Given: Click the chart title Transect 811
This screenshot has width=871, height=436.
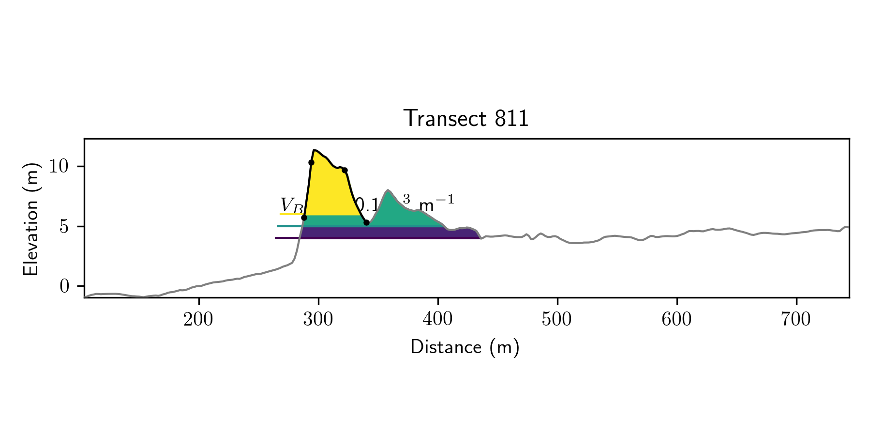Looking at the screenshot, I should [x=466, y=119].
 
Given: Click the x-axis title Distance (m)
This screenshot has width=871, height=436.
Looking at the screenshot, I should [x=465, y=347].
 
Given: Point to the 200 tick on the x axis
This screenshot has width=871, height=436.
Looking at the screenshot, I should [x=198, y=320].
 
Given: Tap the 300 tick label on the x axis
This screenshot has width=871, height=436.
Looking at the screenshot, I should [x=318, y=320].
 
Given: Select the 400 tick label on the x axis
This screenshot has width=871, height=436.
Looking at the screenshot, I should [x=437, y=320].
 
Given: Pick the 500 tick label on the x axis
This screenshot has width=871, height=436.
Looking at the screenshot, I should [x=557, y=320].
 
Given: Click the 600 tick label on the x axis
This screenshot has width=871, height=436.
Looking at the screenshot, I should [x=676, y=320].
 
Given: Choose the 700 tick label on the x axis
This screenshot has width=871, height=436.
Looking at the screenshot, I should [x=796, y=320].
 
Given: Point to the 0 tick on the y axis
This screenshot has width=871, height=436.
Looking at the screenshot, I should [x=65, y=286].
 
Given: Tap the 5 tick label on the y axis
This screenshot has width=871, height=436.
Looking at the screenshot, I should [x=65, y=227].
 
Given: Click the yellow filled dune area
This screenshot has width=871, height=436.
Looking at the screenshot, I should [x=329, y=189].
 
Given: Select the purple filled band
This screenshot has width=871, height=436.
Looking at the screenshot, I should [x=387, y=233].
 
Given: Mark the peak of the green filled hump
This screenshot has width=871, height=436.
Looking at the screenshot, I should [x=388, y=191].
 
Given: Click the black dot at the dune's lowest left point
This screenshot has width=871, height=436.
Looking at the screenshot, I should [x=304, y=218].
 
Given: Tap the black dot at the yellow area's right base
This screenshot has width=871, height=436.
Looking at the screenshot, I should [x=366, y=222].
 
